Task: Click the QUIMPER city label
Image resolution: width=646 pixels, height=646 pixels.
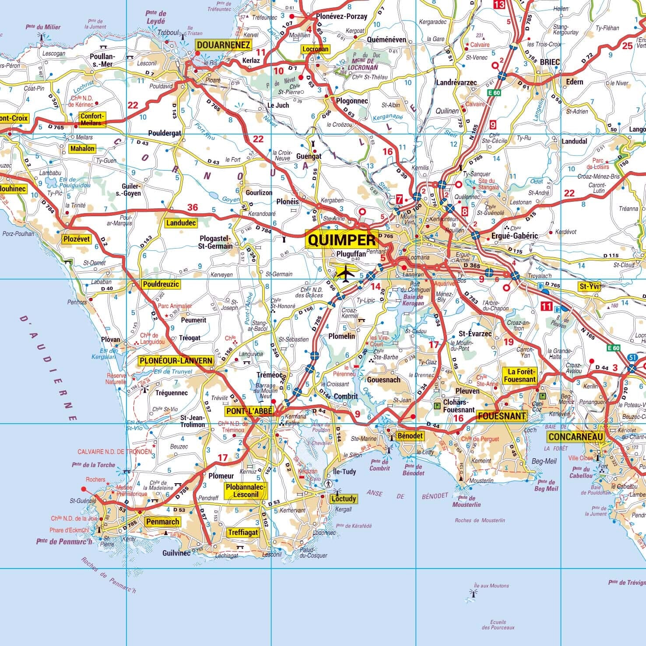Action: [342, 240]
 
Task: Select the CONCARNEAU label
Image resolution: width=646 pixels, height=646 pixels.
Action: [576, 437]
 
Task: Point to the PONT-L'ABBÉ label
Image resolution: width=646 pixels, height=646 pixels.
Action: [249, 411]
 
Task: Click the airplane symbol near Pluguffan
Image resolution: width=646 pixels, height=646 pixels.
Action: [346, 274]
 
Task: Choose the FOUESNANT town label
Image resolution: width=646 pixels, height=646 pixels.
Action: [502, 416]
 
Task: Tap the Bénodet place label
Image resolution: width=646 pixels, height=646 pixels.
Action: [410, 435]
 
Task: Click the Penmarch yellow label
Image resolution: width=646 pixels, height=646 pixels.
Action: [163, 522]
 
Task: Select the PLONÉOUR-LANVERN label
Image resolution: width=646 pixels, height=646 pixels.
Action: [176, 361]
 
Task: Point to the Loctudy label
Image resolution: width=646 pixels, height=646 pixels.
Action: [344, 499]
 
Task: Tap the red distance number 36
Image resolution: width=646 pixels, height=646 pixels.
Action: [193, 207]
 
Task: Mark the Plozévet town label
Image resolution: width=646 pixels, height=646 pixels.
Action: [77, 239]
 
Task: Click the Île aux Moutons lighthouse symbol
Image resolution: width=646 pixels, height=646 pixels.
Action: [473, 593]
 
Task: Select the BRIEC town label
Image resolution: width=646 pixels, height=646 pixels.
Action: [550, 62]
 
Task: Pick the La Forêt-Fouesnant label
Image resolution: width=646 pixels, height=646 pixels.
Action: [520, 376]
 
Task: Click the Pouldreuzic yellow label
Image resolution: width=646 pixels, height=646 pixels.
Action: [161, 284]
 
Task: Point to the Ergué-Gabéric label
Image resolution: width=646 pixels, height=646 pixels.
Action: [514, 236]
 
